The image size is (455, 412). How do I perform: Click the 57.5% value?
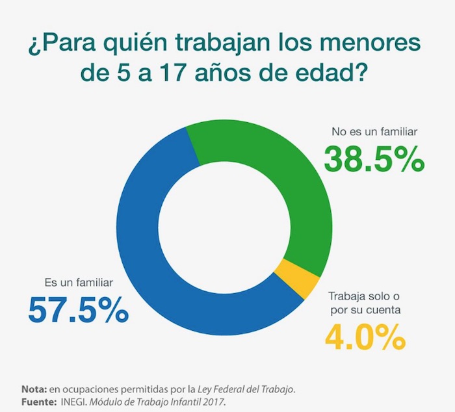[78, 310]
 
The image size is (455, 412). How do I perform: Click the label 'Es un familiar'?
[79, 283]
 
